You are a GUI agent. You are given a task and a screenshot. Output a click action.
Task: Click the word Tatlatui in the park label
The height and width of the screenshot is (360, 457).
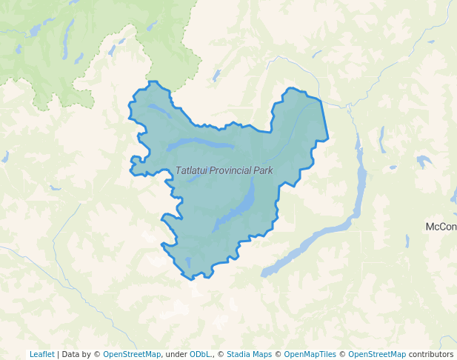click(191, 170)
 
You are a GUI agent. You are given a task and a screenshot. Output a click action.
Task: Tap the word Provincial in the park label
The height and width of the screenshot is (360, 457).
click(230, 170)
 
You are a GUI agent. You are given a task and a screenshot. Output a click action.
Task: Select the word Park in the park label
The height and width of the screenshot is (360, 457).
click(263, 170)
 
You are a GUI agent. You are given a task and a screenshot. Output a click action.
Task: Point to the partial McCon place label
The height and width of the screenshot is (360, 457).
click(441, 226)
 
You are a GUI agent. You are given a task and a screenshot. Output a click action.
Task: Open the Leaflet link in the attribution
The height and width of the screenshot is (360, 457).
click(41, 354)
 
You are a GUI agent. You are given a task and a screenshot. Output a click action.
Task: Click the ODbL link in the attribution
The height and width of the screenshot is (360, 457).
click(199, 354)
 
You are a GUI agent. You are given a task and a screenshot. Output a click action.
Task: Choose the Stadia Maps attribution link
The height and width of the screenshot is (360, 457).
click(249, 354)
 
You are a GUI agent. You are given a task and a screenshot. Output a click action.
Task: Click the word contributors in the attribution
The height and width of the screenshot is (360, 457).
click(431, 354)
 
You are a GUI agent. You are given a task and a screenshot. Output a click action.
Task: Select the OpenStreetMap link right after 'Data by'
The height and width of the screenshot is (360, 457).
click(132, 354)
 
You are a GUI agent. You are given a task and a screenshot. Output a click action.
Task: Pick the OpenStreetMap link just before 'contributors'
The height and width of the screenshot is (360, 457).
click(377, 354)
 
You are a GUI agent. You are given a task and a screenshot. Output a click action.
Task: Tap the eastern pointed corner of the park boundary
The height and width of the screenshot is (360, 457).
click(327, 138)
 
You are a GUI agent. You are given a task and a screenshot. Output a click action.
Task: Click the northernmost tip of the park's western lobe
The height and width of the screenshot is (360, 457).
click(153, 82)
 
